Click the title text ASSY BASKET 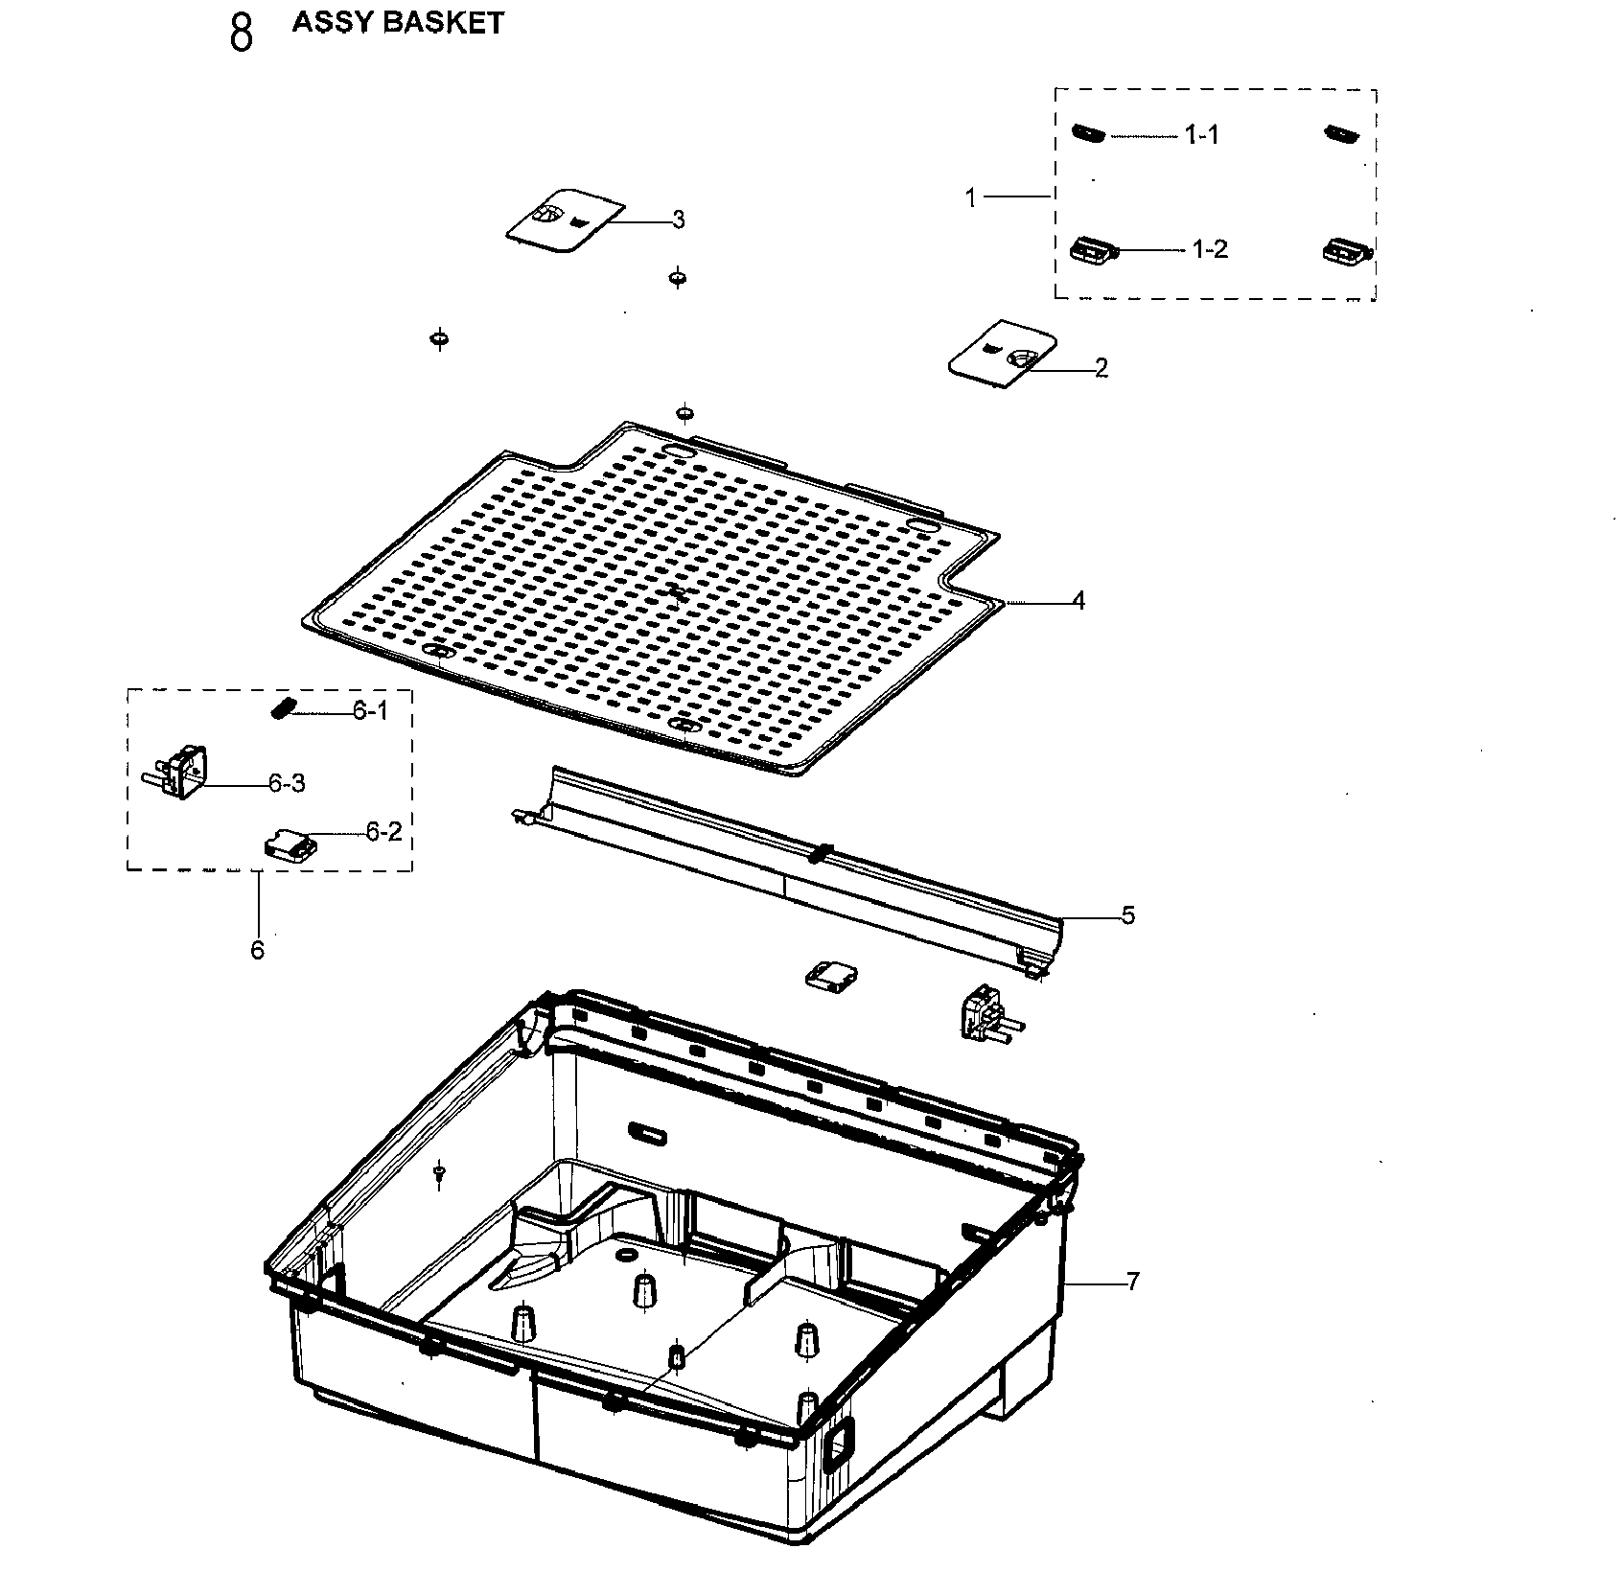pyautogui.click(x=398, y=23)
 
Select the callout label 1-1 pyautogui.click(x=1201, y=135)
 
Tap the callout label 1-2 pyautogui.click(x=1210, y=249)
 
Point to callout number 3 pyautogui.click(x=679, y=220)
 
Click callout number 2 pyautogui.click(x=1101, y=367)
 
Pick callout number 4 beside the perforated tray pyautogui.click(x=1078, y=601)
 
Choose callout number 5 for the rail pyautogui.click(x=1128, y=915)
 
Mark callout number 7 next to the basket pyautogui.click(x=1133, y=1281)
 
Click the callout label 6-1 pyautogui.click(x=371, y=711)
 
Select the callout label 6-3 pyautogui.click(x=287, y=783)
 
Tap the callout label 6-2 pyautogui.click(x=383, y=832)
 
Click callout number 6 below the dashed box pyautogui.click(x=257, y=950)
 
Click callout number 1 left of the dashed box pyautogui.click(x=970, y=197)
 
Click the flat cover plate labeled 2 pyautogui.click(x=1003, y=355)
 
